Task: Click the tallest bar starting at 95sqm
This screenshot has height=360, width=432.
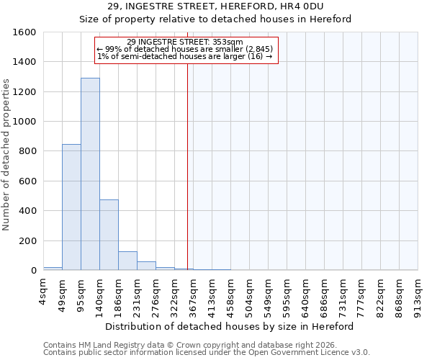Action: click(x=90, y=174)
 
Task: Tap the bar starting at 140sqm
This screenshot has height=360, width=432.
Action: click(x=109, y=235)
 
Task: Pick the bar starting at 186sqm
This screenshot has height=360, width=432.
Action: click(x=127, y=261)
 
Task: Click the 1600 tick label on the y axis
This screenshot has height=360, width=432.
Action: click(x=25, y=32)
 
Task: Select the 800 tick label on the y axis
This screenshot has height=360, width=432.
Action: click(x=28, y=151)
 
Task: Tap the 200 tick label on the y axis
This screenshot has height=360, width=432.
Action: click(x=28, y=240)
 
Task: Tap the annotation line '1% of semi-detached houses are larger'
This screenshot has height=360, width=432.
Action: click(x=184, y=56)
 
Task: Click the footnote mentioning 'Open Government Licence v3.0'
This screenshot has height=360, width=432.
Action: click(x=207, y=352)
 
